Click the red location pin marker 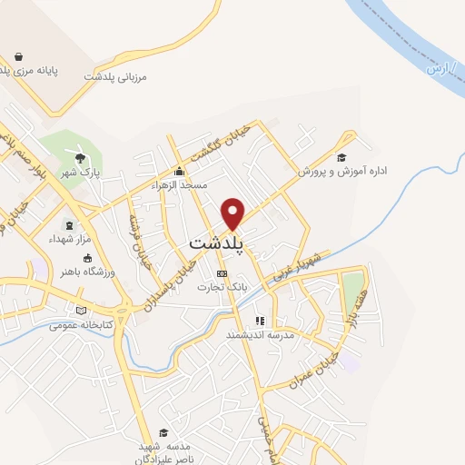pos(234,213)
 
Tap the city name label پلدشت pos(221,244)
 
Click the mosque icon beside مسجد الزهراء pos(180,171)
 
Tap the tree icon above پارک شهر pos(81,157)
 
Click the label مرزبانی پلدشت pos(115,77)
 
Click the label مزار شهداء pos(70,239)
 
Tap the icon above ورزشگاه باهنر pos(88,257)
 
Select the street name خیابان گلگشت pos(242,143)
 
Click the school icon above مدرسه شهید pos(163,432)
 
